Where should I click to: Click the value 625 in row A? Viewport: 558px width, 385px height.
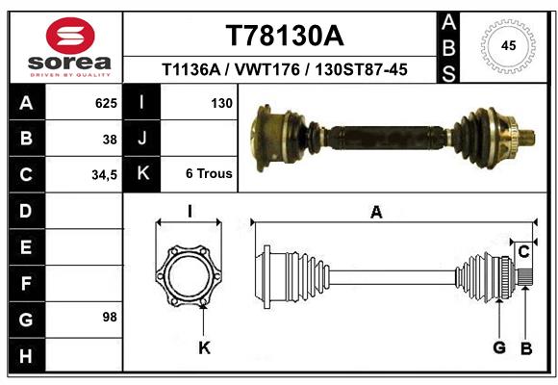(x=106, y=103)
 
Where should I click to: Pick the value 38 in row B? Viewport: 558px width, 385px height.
(x=110, y=139)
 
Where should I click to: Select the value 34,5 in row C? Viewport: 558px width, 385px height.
(x=103, y=174)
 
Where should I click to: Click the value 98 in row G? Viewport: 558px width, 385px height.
(x=109, y=317)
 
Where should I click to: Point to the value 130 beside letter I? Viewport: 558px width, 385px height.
(x=221, y=103)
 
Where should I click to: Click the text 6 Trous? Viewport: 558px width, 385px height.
(x=209, y=174)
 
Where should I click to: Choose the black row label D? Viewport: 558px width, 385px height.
(x=25, y=210)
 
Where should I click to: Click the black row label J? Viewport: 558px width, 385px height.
(x=141, y=139)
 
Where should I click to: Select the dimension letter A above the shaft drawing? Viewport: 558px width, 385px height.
(x=376, y=213)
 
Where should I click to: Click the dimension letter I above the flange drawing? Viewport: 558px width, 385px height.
(x=190, y=213)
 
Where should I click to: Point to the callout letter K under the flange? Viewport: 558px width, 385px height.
(x=204, y=347)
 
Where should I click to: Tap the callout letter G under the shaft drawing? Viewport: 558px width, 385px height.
(x=499, y=347)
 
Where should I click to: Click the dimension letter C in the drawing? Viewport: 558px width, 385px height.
(x=523, y=252)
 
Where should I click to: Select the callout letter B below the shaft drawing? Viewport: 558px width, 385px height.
(x=525, y=347)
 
